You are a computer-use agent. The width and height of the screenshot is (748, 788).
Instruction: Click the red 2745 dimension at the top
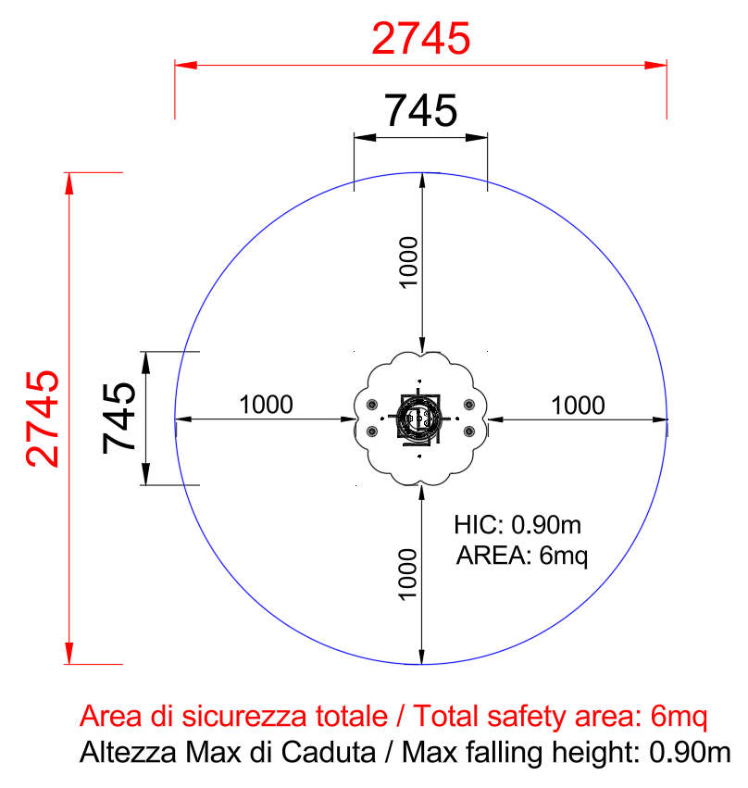(421, 39)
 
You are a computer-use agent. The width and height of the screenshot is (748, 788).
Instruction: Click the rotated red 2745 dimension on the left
(43, 419)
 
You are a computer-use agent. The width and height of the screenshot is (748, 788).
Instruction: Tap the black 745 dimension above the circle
(421, 110)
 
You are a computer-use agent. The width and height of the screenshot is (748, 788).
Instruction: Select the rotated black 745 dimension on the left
(119, 419)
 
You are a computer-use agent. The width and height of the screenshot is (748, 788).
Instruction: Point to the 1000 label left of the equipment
(266, 405)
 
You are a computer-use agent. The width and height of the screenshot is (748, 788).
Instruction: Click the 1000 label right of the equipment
(578, 406)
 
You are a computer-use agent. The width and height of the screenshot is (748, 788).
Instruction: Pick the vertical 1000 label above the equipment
(408, 262)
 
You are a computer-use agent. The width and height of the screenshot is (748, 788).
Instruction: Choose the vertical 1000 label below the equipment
(407, 574)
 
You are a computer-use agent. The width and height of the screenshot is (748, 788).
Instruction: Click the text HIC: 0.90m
(517, 525)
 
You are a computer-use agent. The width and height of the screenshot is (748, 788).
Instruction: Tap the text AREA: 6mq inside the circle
(522, 557)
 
